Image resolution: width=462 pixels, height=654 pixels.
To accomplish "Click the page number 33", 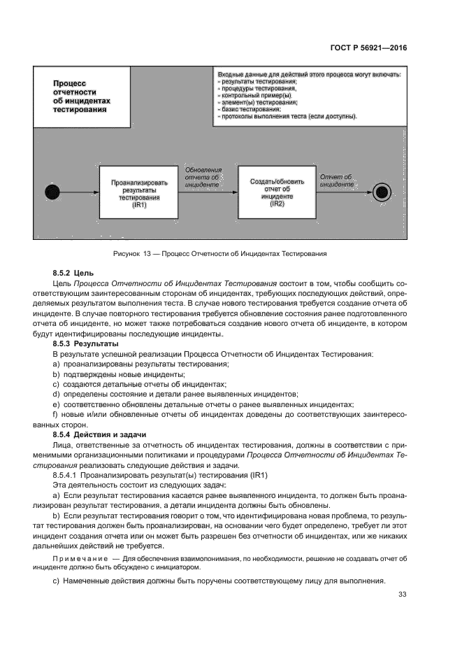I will click(x=402, y=595).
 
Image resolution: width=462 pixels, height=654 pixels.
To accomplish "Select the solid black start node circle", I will click(x=51, y=191).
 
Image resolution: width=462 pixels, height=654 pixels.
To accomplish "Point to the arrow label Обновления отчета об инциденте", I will click(x=203, y=178).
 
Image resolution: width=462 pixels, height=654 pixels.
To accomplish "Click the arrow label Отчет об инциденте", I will click(x=335, y=180).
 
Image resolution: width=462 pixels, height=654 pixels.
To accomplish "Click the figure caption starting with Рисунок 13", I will click(x=219, y=253).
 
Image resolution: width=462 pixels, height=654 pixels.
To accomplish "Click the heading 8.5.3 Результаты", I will click(x=85, y=344).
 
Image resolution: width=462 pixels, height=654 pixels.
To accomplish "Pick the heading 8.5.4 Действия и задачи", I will click(x=94, y=435).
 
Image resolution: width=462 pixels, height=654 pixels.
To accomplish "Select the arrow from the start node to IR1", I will click(x=78, y=191).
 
